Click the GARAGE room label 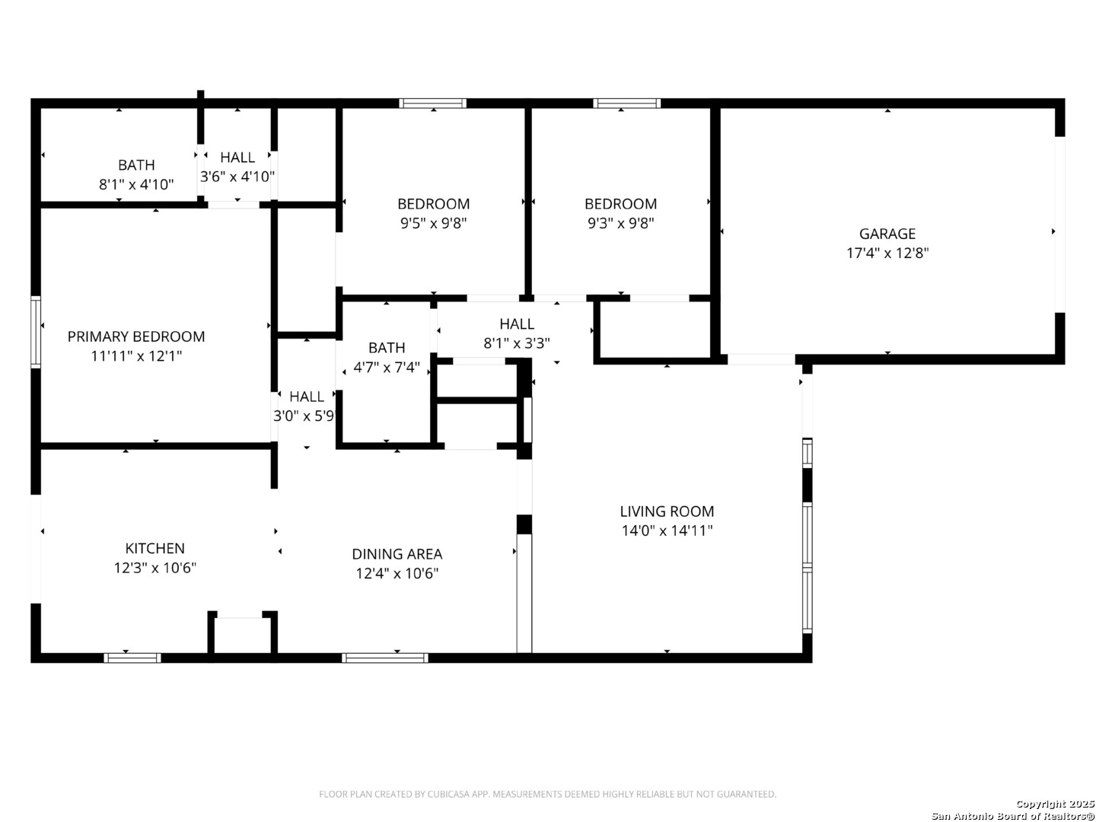point(887,234)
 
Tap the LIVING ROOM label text point(667,511)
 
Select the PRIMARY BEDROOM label point(135,336)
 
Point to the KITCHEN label point(155,548)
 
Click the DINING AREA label point(397,554)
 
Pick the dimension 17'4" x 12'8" point(887,253)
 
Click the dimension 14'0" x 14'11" point(667,530)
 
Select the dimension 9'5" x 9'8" point(433,222)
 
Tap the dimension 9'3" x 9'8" point(620,222)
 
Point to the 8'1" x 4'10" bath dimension point(136,184)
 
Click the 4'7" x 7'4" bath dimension point(387,368)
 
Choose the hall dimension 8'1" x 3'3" point(517,342)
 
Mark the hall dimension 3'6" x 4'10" point(237,176)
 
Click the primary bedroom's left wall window point(36,332)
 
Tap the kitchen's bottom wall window point(132,658)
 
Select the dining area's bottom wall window point(385,658)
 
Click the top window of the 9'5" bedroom point(432,104)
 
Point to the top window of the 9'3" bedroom point(626,104)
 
